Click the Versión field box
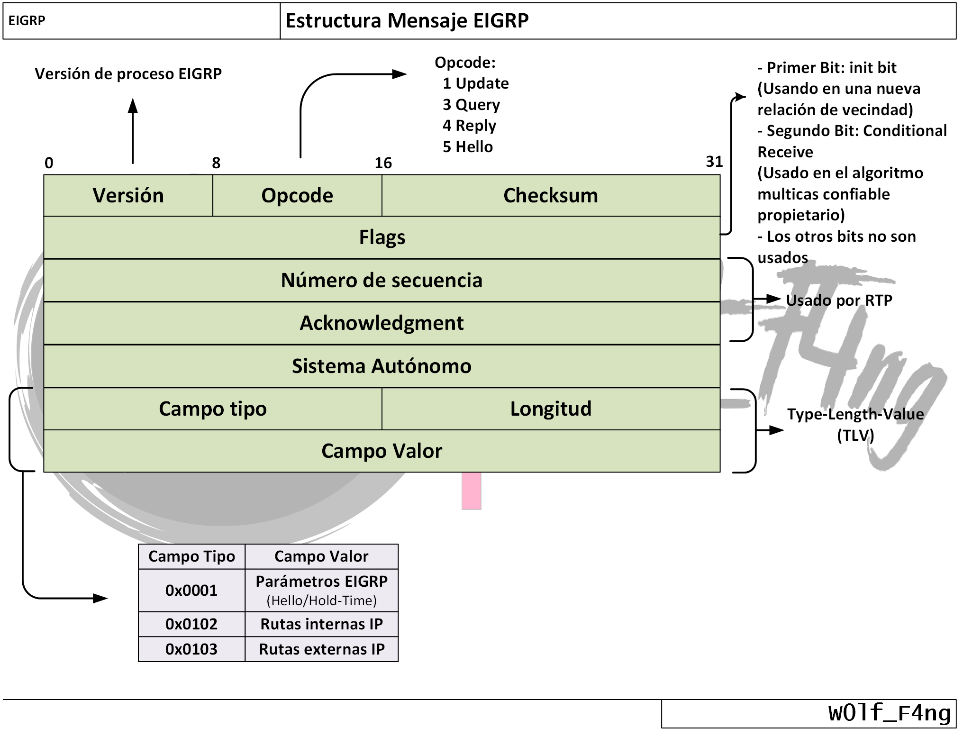128,196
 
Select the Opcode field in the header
297,196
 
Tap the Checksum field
551,196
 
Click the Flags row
382,237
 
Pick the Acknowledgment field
382,323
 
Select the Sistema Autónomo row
382,366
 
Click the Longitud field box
551,409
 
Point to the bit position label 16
383,164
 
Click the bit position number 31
714,162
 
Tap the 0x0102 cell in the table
191,624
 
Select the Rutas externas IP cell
322,649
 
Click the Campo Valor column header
321,556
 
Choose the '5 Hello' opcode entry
468,147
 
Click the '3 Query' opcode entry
471,105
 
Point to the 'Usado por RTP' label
839,300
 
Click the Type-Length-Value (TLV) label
855,425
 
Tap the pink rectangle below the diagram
472,491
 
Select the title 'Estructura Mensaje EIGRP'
407,21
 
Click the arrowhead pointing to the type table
101,599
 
